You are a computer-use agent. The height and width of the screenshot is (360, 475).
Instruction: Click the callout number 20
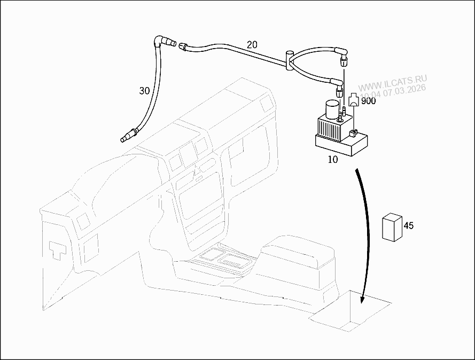[252, 44]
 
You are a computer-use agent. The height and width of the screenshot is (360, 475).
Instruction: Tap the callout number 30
[144, 90]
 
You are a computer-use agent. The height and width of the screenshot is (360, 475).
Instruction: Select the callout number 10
[333, 160]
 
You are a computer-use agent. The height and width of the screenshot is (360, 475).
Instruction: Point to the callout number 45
[409, 225]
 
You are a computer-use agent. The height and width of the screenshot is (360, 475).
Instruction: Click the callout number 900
[368, 101]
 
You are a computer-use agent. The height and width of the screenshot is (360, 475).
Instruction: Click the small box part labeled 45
[393, 227]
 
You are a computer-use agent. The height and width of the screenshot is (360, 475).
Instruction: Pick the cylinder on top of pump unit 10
[332, 109]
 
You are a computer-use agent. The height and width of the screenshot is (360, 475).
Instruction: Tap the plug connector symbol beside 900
[354, 99]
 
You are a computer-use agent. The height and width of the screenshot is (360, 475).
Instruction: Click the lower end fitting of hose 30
[129, 135]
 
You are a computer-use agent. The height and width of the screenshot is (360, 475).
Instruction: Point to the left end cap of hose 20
[183, 46]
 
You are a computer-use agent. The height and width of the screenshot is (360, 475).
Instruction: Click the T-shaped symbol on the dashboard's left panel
[58, 250]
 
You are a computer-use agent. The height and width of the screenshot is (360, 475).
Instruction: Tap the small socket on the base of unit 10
[353, 133]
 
